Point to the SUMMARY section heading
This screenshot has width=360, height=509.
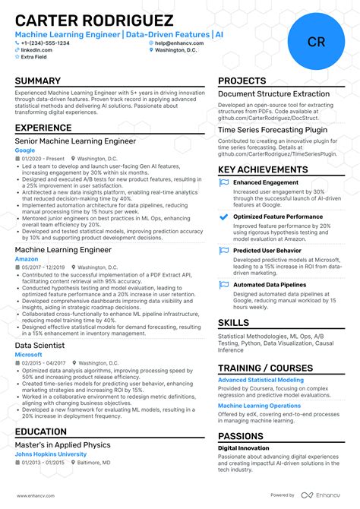tap(38, 81)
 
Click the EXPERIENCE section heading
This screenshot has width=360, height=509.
tap(43, 128)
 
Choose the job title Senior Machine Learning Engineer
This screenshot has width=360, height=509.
tap(75, 141)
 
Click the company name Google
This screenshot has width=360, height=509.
tap(24, 150)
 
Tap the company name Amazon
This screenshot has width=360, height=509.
tap(26, 259)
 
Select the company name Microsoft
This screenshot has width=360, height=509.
tap(28, 354)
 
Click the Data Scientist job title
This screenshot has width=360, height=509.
tap(39, 345)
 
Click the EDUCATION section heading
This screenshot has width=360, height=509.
tap(40, 432)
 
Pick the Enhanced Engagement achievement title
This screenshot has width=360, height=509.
tap(267, 182)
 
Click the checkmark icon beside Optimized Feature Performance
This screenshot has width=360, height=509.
tap(223, 217)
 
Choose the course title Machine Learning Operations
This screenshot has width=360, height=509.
tap(259, 406)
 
